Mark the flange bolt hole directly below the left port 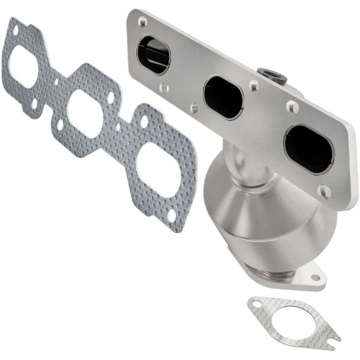[164, 89]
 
